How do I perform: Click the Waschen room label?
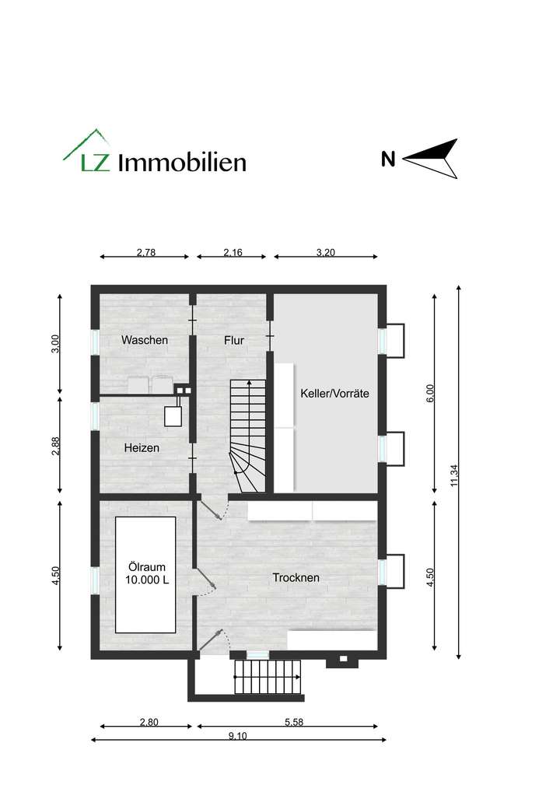(145, 340)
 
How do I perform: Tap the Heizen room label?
(142, 448)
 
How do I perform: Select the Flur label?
(234, 340)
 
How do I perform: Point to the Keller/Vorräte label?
(334, 394)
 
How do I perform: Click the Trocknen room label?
(296, 577)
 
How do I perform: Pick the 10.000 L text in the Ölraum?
(146, 580)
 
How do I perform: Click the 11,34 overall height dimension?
(453, 475)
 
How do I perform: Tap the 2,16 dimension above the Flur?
(233, 252)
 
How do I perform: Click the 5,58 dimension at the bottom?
(294, 723)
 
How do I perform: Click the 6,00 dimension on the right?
(430, 393)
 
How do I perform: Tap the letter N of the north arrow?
(388, 160)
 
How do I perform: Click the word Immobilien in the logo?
(182, 162)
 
